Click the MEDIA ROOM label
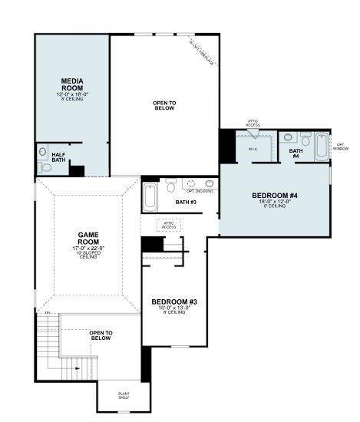pos(72,84)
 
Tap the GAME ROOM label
pos(88,238)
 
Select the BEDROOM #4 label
pos(274,196)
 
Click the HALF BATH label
pos(59,158)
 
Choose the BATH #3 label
pos(186,203)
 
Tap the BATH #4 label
pos(296,153)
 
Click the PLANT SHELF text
pos(124,397)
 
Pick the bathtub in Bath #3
pos(150,197)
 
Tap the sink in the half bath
pos(42,152)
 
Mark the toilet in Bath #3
pos(170,186)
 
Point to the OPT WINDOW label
pos(341,147)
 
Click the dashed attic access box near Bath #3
pos(168,226)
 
